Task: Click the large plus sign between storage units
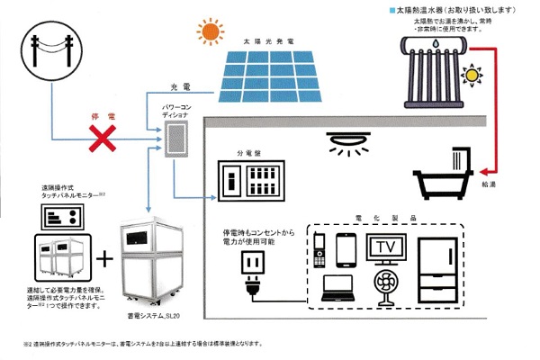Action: click(x=105, y=259)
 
